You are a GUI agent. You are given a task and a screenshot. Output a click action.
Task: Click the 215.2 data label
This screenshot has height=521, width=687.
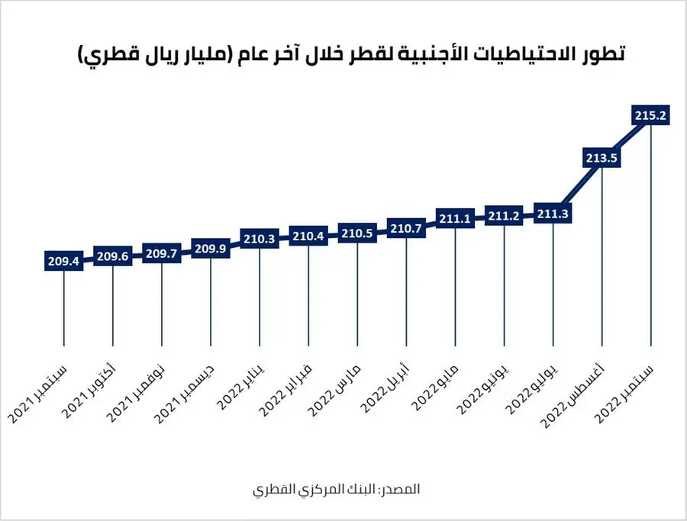tap(651, 115)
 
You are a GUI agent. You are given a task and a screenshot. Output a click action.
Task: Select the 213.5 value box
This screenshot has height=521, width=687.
tap(602, 157)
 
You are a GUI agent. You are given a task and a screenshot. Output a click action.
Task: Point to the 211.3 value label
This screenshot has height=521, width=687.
tap(553, 214)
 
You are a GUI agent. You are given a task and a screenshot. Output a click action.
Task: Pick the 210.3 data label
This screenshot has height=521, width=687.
tap(260, 239)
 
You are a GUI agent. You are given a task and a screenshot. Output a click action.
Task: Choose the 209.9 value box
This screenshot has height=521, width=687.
tap(211, 248)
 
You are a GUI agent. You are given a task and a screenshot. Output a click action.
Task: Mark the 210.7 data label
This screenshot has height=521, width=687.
tap(406, 229)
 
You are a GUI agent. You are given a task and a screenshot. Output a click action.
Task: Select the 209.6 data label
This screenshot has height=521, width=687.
tap(113, 256)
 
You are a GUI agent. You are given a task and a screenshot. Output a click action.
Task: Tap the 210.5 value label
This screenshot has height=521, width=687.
tap(357, 233)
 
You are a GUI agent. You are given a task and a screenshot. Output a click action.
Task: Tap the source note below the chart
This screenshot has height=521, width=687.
tap(337, 488)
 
